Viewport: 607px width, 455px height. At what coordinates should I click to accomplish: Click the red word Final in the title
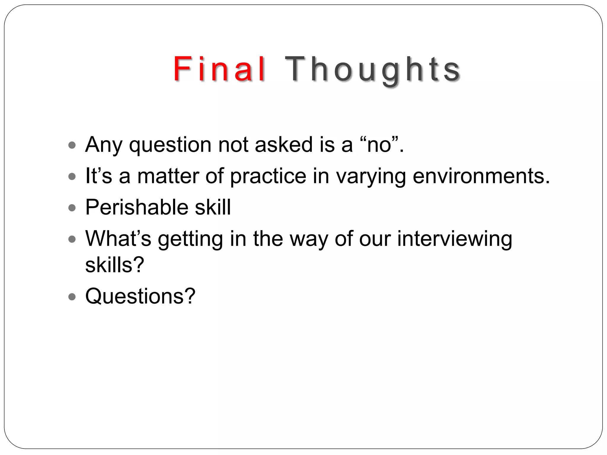coord(219,69)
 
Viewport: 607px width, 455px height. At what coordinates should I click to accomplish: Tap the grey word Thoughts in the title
coord(372,70)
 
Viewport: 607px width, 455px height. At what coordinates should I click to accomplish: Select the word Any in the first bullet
coord(103,145)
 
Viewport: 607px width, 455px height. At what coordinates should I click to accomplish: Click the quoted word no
coord(379,145)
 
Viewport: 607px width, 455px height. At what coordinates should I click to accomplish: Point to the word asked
coord(284,145)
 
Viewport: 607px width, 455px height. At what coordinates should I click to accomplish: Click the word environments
coord(481,176)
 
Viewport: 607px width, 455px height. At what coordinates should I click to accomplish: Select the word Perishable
coord(137,207)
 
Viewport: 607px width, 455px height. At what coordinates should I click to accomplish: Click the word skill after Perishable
coord(213,207)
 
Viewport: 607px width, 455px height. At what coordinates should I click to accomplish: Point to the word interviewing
coord(454,239)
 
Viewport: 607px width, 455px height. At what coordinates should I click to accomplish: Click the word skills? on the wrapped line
coord(114,265)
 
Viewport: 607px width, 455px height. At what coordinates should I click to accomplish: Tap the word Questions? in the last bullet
coord(140,296)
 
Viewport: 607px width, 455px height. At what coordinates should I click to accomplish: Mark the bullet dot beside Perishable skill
coord(72,208)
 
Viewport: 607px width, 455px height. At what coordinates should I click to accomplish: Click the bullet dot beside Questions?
coord(72,297)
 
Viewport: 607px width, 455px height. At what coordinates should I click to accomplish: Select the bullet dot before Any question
coord(72,145)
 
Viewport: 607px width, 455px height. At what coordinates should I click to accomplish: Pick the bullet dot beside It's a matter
coord(72,177)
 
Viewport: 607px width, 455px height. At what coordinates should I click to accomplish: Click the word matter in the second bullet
coord(168,176)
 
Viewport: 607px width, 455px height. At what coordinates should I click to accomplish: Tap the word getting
coord(190,239)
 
